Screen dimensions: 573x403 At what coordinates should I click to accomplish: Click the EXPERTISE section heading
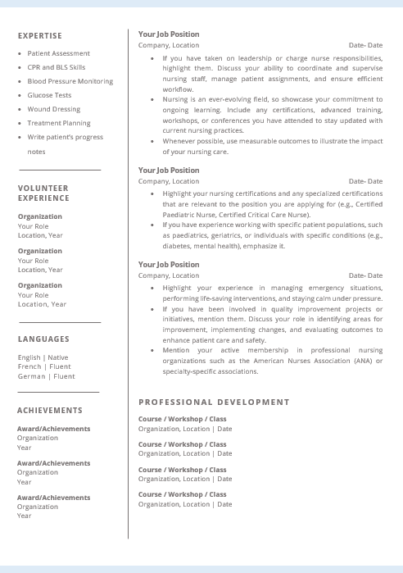point(39,36)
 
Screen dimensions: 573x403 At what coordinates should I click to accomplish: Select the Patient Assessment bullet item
point(58,53)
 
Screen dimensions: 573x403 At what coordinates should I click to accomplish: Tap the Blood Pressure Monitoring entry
point(70,81)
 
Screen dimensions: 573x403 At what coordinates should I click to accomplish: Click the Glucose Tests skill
point(49,95)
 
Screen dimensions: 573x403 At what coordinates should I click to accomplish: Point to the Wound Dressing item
point(53,109)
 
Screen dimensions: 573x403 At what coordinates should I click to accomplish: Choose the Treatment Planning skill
point(58,123)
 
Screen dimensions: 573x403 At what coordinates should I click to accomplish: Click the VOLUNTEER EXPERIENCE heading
point(43,193)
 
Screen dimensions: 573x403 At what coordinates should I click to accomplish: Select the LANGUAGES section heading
point(43,339)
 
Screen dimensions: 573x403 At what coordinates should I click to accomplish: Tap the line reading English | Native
point(43,357)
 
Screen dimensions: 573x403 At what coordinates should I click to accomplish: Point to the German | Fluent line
point(46,376)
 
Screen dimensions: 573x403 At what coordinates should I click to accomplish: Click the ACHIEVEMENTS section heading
point(50,410)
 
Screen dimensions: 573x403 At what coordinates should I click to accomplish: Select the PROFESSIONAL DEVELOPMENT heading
point(214,402)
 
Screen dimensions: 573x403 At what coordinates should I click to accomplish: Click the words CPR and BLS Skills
point(56,67)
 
